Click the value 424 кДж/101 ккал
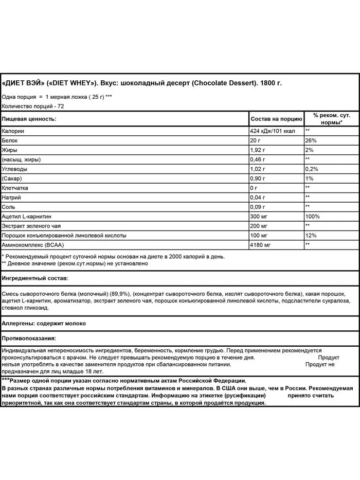[272, 131]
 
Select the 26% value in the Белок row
[310, 140]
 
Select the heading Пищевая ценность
[29, 119]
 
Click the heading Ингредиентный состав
[34, 278]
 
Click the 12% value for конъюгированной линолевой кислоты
[310, 235]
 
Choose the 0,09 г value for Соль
[258, 207]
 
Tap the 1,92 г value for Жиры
[258, 150]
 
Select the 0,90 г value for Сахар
[258, 179]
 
